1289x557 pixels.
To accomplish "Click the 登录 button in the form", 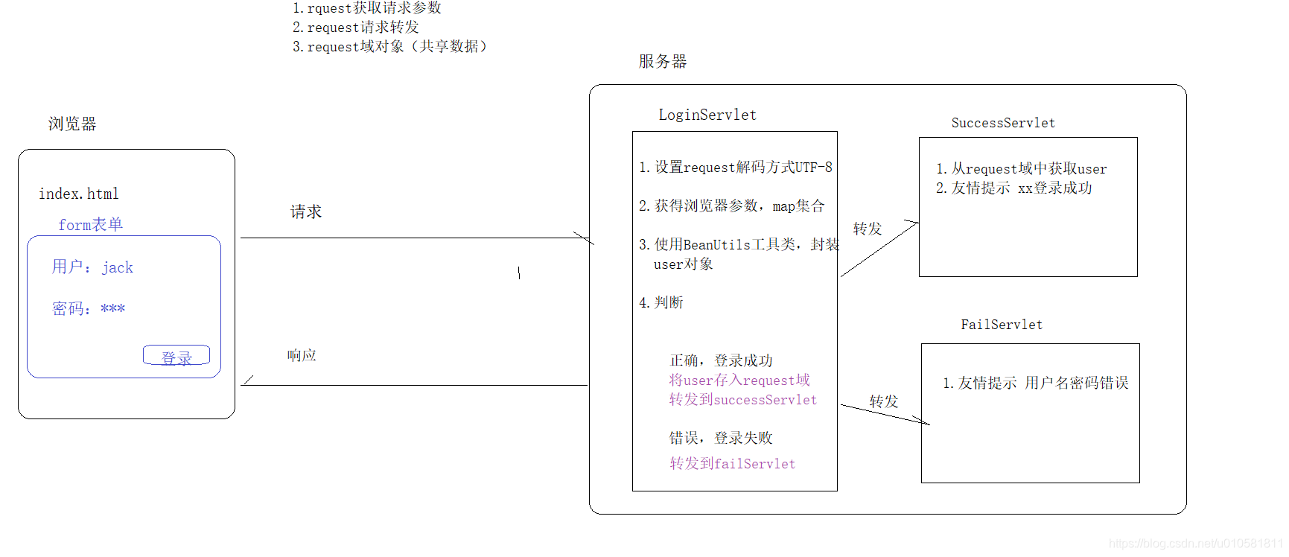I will pos(176,356).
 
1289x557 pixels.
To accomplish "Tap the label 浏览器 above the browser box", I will pos(72,124).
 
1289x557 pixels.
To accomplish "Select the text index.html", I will pos(79,194).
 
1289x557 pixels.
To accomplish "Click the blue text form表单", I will pos(90,224).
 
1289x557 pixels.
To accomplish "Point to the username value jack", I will pos(118,267).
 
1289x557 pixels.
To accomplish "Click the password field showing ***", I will pos(112,308).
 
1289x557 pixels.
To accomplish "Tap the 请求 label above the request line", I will pos(306,211).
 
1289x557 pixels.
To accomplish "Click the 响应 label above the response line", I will pos(302,355).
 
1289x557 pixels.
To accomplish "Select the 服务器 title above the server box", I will pos(663,61).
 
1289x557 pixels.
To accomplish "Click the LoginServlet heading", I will pos(707,115).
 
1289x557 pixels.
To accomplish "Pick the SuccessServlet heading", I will pos(1003,123).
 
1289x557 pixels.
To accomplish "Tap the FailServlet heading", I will pos(1002,325).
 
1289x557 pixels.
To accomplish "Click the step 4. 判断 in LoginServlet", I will pos(661,302).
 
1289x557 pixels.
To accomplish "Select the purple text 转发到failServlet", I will pos(732,463).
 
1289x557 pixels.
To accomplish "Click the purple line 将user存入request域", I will pos(739,380).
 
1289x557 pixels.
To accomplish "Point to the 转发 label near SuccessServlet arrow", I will pos(868,229).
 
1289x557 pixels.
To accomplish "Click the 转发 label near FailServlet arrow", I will pos(884,401).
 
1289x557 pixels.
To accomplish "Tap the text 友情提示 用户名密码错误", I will pos(1036,383).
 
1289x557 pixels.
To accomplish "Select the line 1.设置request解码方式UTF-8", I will pos(736,168).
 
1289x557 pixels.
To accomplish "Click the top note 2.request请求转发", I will pos(356,28).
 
